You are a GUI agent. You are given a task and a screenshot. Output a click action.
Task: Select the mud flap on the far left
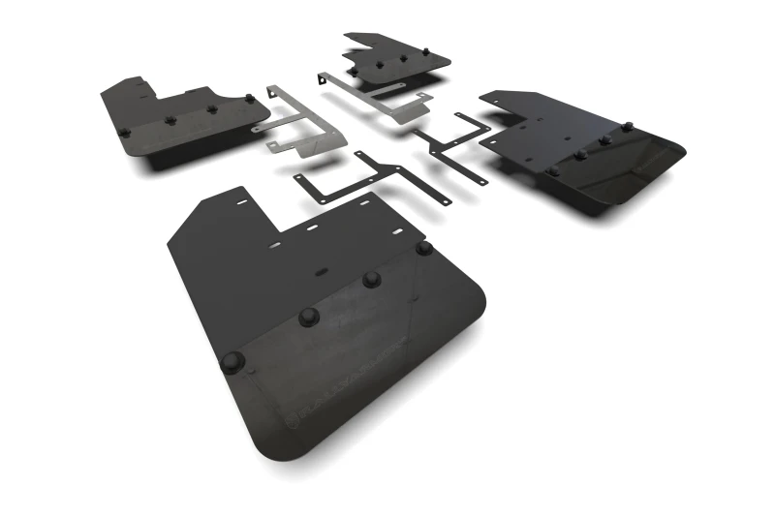click(174, 121)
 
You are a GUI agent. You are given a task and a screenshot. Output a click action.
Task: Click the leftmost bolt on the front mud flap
click(232, 362)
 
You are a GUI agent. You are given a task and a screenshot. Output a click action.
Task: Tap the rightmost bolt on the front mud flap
click(423, 248)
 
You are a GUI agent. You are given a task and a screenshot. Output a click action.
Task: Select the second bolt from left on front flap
click(309, 316)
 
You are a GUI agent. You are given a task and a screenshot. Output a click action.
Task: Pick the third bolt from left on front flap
click(371, 279)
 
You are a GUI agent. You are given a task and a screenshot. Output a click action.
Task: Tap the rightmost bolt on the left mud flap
click(249, 99)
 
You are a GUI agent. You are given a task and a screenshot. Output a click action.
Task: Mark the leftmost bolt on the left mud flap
click(124, 131)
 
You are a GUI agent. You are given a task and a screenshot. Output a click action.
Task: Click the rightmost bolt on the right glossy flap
click(627, 126)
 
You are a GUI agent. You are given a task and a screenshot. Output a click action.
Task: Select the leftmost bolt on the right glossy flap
click(552, 170)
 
